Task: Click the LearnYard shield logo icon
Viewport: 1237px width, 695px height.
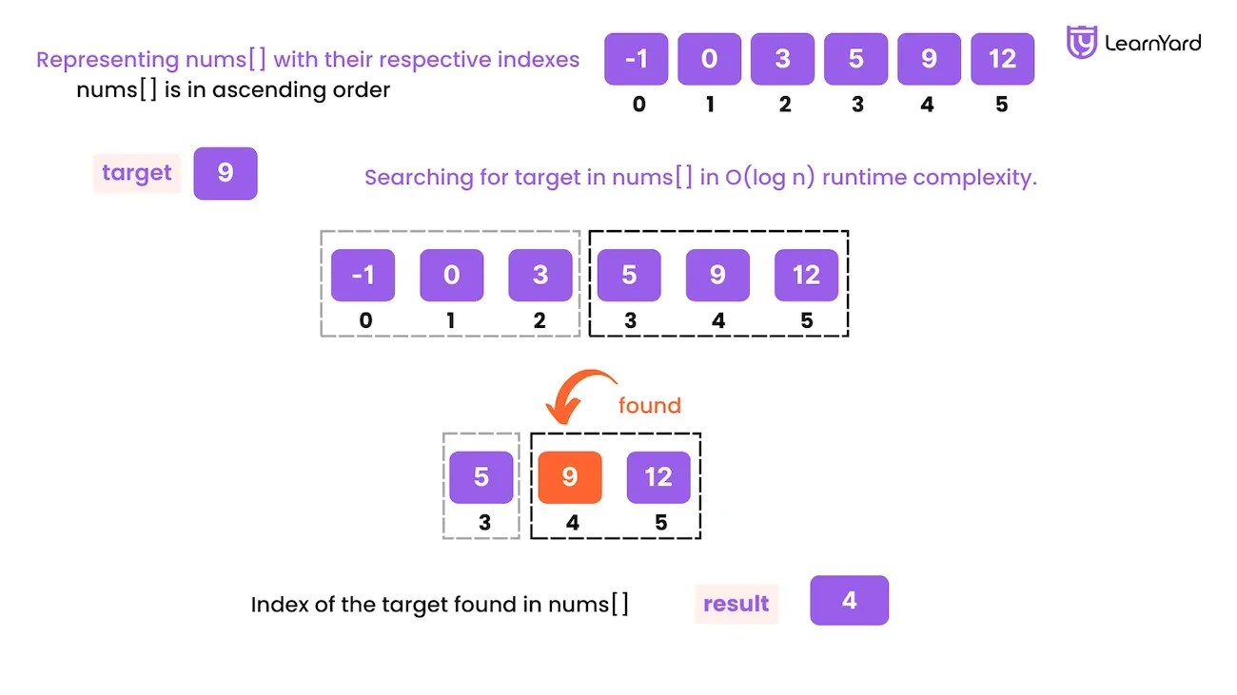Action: point(1082,43)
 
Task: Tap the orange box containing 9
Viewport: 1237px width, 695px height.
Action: point(570,476)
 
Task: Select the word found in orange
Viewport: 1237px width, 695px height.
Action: point(650,406)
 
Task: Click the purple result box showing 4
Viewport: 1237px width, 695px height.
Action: point(849,600)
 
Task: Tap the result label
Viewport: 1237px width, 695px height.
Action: point(736,604)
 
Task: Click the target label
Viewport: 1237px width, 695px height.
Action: point(136,173)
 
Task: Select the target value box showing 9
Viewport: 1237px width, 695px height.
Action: point(226,173)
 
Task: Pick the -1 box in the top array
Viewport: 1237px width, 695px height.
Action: point(636,59)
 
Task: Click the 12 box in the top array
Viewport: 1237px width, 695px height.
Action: point(1002,59)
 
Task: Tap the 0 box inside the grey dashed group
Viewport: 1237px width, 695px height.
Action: point(452,275)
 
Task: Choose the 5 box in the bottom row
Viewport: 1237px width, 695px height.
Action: point(481,476)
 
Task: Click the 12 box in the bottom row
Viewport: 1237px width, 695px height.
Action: point(658,476)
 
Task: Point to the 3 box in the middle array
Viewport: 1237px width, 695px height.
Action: point(540,275)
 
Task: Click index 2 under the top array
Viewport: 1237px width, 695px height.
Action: point(784,105)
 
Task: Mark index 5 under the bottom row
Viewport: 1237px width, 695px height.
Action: point(661,522)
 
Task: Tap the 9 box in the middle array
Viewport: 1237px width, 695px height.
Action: point(717,275)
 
